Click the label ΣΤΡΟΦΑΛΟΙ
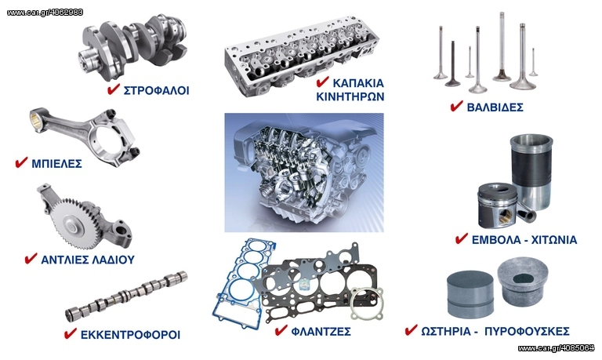(156, 91)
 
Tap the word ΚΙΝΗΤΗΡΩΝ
(350, 96)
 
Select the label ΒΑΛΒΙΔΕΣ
(495, 107)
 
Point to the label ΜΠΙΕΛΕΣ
(56, 164)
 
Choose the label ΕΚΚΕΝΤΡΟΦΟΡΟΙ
(130, 335)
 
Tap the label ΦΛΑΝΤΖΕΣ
(321, 331)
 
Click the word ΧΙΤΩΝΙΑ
(554, 240)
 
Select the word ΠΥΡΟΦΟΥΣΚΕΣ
(527, 331)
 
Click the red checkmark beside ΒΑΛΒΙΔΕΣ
(456, 106)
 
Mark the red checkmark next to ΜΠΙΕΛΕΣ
(21, 162)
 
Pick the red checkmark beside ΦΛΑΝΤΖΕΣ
(281, 329)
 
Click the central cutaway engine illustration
(304, 173)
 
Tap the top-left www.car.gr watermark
(45, 13)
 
